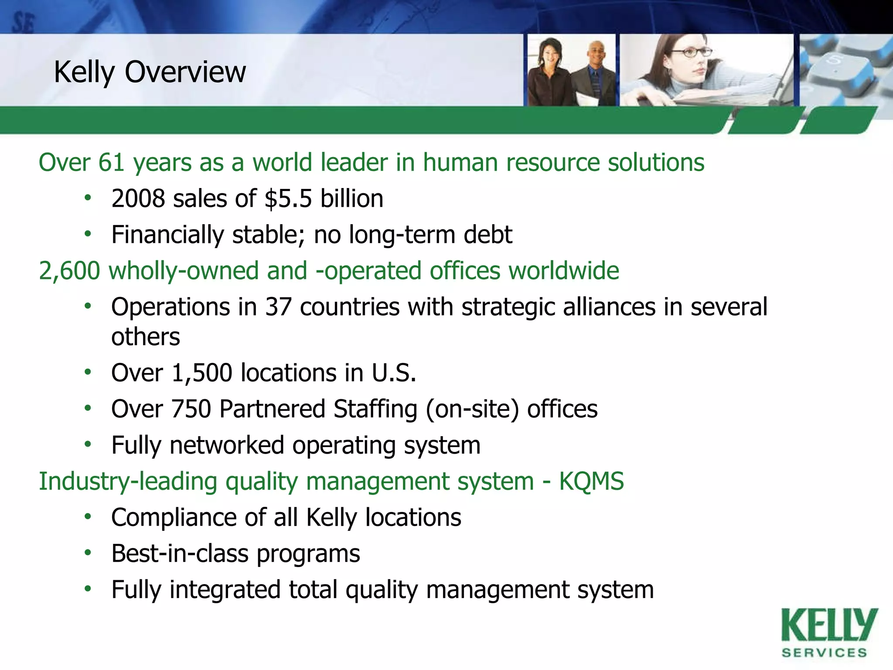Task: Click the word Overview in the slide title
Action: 185,72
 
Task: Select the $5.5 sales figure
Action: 288,199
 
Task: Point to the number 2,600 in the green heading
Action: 69,271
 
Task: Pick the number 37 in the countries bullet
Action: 278,307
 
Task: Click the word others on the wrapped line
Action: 146,337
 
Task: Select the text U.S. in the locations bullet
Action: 394,373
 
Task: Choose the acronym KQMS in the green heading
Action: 591,482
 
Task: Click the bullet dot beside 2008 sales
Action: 88,198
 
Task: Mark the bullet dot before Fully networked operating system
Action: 88,445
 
